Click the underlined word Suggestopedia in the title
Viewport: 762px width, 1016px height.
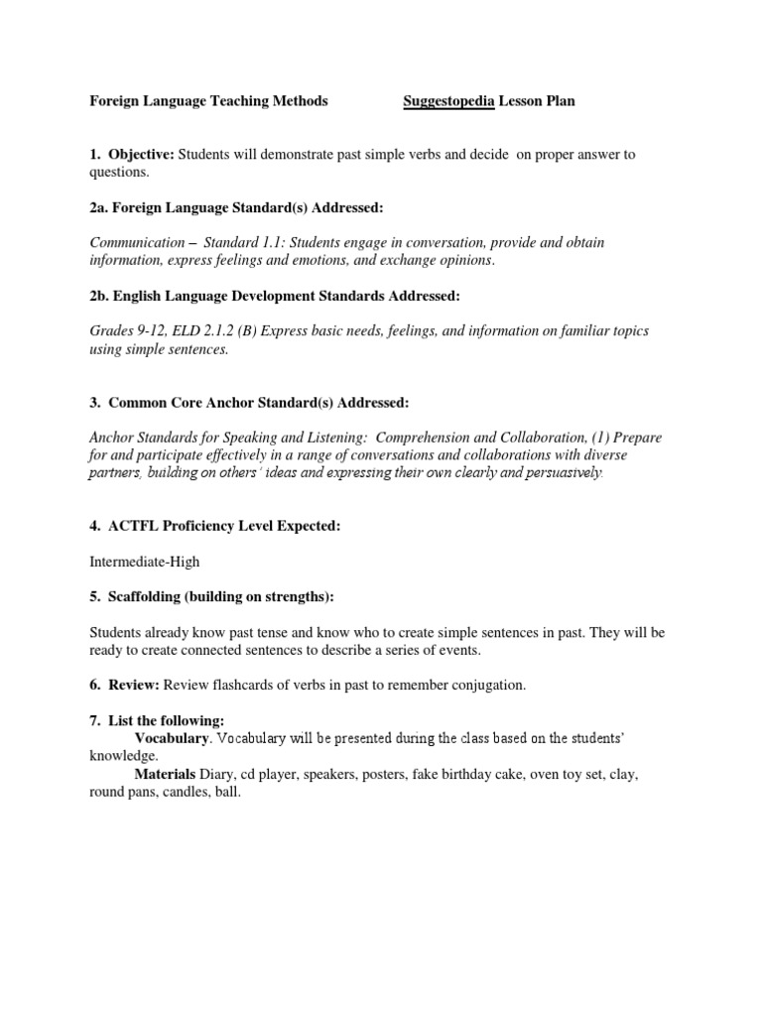tap(448, 101)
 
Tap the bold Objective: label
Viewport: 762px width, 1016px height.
tap(141, 154)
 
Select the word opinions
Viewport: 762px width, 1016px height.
tap(459, 260)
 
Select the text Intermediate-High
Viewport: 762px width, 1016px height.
tap(145, 562)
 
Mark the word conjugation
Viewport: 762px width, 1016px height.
tap(482, 685)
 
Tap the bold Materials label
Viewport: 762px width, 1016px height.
tap(165, 774)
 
